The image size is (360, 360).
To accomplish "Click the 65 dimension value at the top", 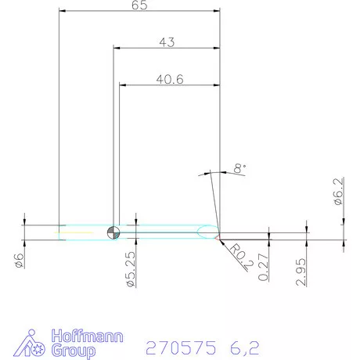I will coord(139,5).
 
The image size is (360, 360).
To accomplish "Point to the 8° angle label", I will coord(239,167).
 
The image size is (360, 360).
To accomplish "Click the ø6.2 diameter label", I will coord(339,192).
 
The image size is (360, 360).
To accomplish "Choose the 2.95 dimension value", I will coord(301,270).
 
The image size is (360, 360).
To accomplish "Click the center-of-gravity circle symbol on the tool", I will coord(114,231).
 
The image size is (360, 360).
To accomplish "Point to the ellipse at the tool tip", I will coord(207,231).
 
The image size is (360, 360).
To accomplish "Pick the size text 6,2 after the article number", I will coord(243,346).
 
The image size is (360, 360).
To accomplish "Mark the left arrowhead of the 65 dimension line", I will coord(63,11).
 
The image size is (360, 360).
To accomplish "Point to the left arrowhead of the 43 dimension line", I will coord(117,48).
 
